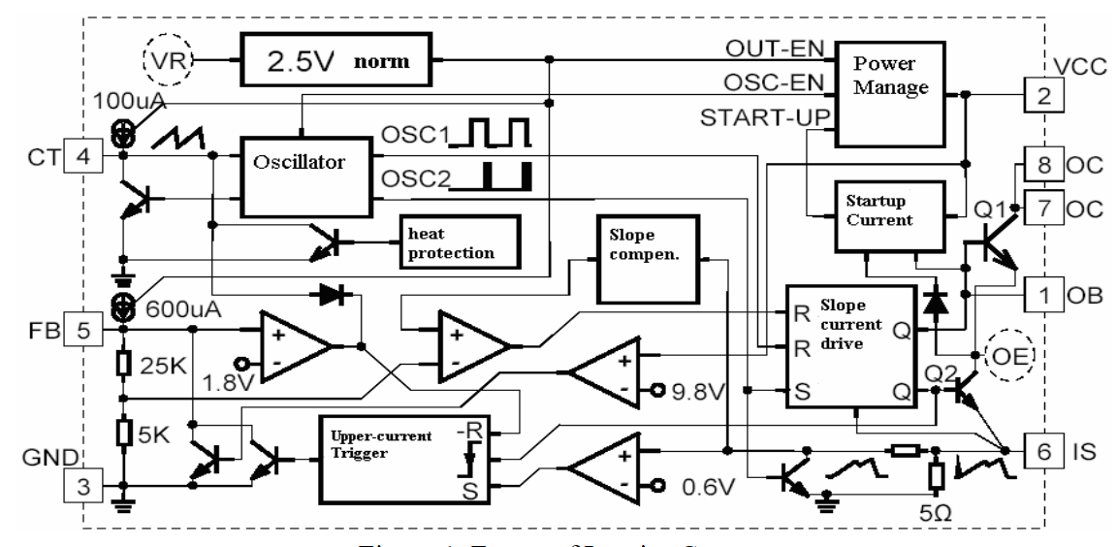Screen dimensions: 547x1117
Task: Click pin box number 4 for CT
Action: (x=83, y=155)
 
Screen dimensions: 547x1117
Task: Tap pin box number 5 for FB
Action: (x=83, y=331)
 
